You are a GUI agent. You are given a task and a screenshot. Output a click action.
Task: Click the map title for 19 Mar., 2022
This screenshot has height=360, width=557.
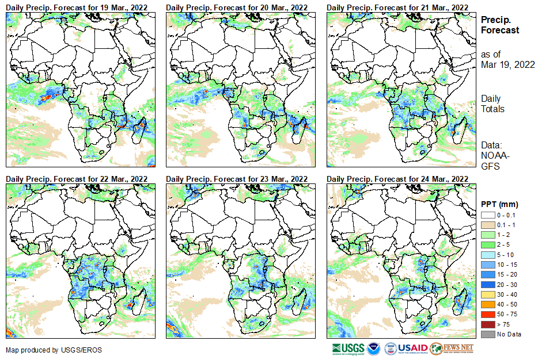click(77, 6)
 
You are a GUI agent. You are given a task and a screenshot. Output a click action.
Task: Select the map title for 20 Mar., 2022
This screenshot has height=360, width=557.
click(237, 6)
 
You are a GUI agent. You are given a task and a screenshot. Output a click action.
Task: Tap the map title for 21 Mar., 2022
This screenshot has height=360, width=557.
click(397, 6)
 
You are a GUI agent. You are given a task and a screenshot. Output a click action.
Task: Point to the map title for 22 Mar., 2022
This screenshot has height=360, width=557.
click(77, 178)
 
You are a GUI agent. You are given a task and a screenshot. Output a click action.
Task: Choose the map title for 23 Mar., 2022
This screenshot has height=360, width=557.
click(237, 178)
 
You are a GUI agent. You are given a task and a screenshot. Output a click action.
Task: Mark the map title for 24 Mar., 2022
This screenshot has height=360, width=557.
click(397, 178)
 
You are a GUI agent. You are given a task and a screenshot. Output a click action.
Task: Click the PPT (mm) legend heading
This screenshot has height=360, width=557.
click(499, 204)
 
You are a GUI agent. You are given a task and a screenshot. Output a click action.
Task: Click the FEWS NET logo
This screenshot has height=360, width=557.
click(452, 348)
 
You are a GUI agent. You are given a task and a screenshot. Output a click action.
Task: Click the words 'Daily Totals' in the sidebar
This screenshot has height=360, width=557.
click(492, 104)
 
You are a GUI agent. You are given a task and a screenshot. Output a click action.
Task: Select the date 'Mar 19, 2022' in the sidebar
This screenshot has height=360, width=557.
click(507, 64)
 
